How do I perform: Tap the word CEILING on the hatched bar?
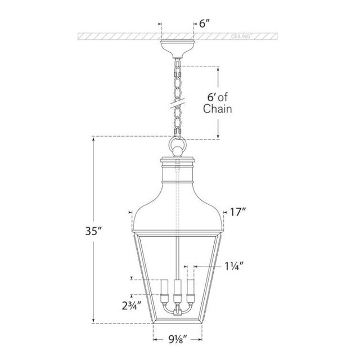click(x=241, y=36)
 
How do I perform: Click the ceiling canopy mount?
click(x=178, y=49)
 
